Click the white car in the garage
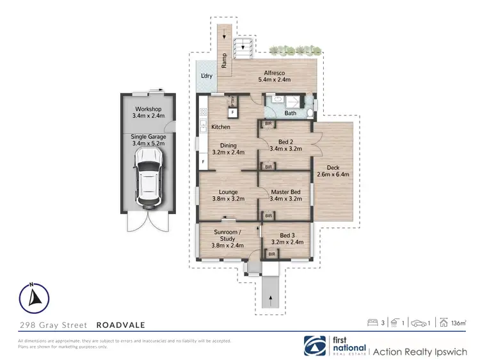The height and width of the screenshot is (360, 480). (148, 183)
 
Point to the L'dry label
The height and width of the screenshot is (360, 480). (207, 76)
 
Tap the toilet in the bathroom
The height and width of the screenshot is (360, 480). (310, 113)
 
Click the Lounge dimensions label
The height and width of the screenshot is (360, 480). (228, 199)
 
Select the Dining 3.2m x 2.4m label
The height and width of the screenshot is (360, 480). (228, 149)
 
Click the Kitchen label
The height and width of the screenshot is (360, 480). (221, 127)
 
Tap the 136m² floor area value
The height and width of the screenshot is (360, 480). (458, 323)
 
